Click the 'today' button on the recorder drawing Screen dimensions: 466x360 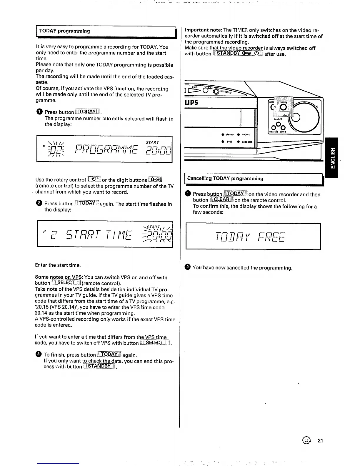coord(284,106)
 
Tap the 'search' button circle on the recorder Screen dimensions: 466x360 coord(274,128)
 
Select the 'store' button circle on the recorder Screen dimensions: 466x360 coord(283,127)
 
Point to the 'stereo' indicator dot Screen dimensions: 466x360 coord(223,135)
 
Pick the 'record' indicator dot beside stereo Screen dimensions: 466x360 coord(239,135)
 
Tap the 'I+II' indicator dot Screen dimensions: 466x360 coord(223,142)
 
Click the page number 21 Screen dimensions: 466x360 coord(320,441)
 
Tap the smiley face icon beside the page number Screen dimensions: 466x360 coord(309,440)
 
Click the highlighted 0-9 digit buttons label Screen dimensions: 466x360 coord(155,179)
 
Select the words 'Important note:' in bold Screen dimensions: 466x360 coord(203,30)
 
